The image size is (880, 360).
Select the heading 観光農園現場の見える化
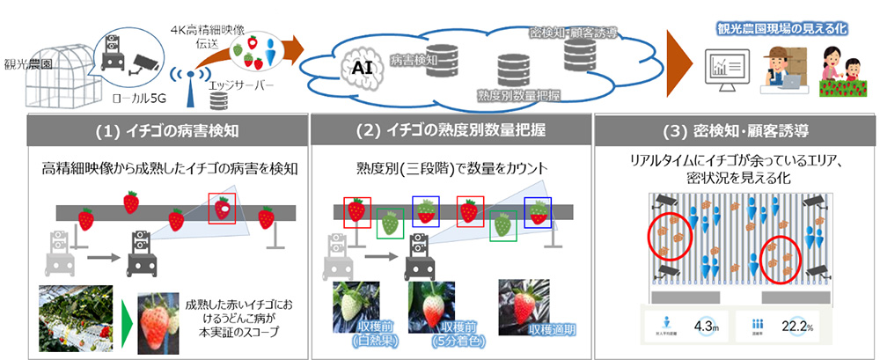pos(782,28)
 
